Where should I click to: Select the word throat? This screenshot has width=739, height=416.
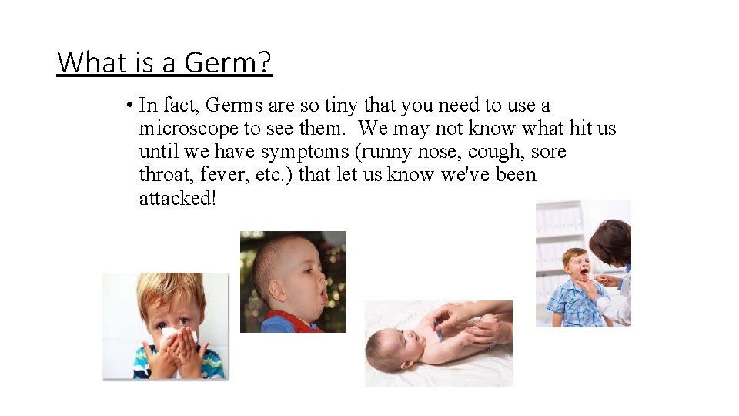click(163, 175)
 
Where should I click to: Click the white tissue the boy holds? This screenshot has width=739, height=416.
click(176, 336)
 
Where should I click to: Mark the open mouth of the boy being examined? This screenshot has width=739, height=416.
click(584, 272)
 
